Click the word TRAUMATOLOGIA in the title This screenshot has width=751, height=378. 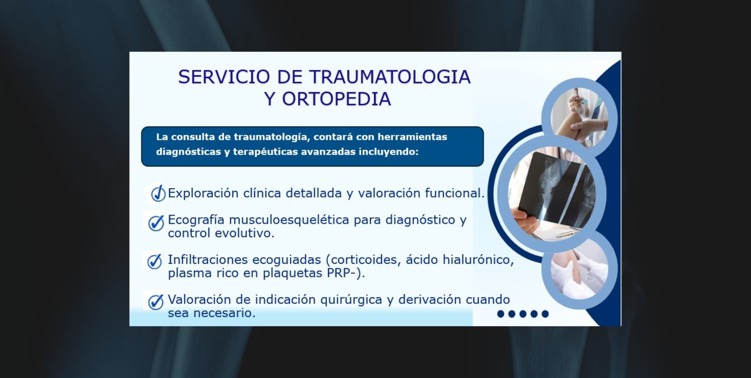pyautogui.click(x=390, y=77)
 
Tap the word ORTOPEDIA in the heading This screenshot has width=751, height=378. pyautogui.click(x=336, y=99)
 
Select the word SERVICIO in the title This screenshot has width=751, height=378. pyautogui.click(x=224, y=77)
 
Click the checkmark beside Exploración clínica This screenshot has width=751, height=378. pyautogui.click(x=158, y=193)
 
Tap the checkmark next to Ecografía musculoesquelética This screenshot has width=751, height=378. pyautogui.click(x=156, y=223)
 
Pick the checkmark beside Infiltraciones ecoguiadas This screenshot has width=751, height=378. pyautogui.click(x=154, y=261)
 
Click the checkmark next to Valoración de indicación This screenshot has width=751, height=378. pyautogui.click(x=156, y=302)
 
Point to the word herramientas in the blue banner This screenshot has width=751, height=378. pyautogui.click(x=412, y=137)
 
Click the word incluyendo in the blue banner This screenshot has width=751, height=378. pyautogui.click(x=388, y=152)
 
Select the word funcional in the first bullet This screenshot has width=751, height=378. pyautogui.click(x=455, y=193)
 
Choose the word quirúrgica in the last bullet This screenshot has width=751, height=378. pyautogui.click(x=351, y=300)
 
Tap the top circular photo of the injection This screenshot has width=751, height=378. pyautogui.click(x=579, y=118)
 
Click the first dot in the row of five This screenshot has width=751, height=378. pyautogui.click(x=500, y=313)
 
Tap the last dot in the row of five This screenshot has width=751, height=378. pyautogui.click(x=545, y=313)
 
